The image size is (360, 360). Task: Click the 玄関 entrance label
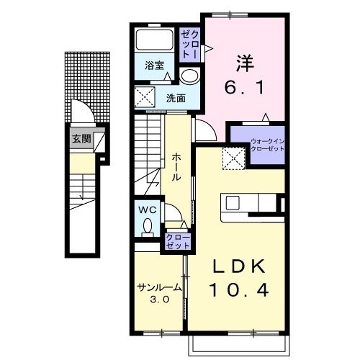point(82,139)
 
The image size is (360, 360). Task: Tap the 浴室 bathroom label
point(154,66)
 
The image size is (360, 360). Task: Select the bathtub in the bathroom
point(155,40)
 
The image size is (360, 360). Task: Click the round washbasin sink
point(189,76)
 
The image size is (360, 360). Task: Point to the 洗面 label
point(176,98)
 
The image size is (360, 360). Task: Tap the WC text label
point(148,210)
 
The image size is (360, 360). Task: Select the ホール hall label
point(176,167)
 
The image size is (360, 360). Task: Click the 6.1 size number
point(244,87)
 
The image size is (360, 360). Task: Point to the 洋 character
point(245,63)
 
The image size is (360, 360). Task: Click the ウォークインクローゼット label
point(267,145)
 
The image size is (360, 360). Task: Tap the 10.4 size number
point(239,289)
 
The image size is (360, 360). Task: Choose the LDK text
point(240,266)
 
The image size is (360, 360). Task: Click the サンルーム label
point(159,287)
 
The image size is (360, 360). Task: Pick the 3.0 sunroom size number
point(160,300)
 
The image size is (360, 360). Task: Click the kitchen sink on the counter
point(233,202)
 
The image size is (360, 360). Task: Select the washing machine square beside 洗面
point(145,97)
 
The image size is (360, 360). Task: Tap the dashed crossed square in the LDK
point(234,158)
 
